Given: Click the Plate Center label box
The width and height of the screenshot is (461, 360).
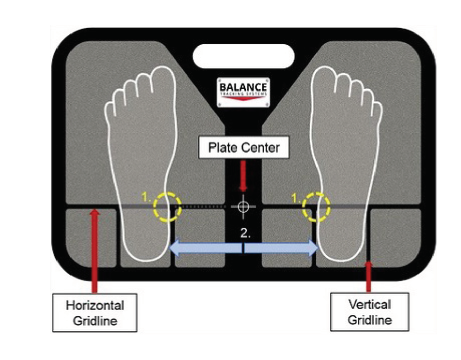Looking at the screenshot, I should pyautogui.click(x=243, y=147).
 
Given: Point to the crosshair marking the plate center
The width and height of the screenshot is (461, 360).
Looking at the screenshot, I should pyautogui.click(x=243, y=206).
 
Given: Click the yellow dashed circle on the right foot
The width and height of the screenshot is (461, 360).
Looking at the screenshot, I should pyautogui.click(x=317, y=206).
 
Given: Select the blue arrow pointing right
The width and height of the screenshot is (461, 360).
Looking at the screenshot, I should pyautogui.click(x=282, y=248).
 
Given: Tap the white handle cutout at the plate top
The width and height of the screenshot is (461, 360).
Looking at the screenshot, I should pyautogui.click(x=243, y=56).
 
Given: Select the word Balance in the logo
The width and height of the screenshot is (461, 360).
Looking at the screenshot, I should pyautogui.click(x=243, y=87).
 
